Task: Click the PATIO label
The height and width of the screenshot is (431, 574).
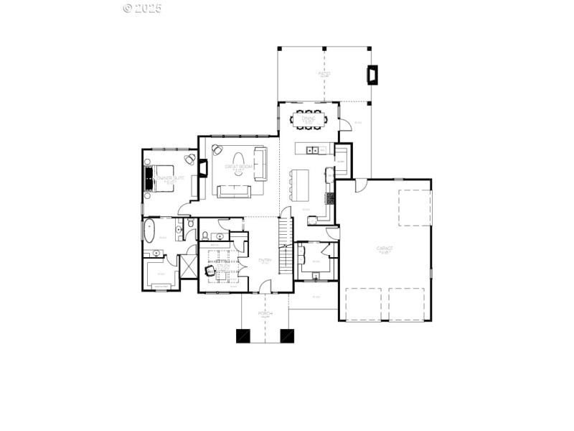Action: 324,73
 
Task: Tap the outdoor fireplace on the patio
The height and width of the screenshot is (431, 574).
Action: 372,75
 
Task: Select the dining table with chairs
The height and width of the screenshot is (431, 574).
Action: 308,119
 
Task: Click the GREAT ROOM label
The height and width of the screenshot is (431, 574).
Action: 239,167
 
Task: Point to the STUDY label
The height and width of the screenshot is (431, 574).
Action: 222,265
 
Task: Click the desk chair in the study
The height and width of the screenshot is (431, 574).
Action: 210,271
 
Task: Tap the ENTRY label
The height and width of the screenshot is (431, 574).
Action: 264,261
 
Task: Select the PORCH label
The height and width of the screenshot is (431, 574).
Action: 266,314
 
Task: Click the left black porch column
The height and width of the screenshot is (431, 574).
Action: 244,335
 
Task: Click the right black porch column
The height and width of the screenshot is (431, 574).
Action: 287,335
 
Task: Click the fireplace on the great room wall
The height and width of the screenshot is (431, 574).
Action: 203,168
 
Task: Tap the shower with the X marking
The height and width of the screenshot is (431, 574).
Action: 188,267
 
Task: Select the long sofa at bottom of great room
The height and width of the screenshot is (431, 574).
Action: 234,190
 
